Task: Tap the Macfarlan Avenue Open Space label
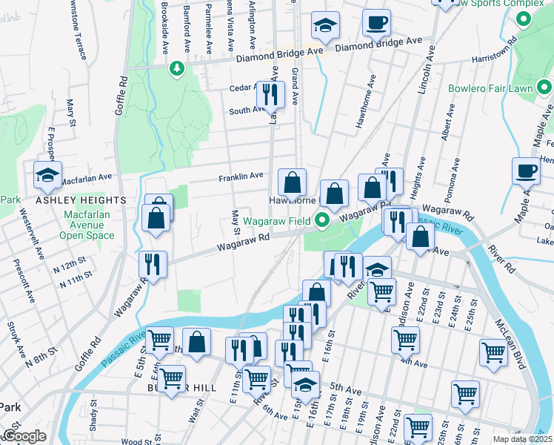point(87,225)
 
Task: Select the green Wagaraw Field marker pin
point(322,220)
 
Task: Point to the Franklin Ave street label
point(241,177)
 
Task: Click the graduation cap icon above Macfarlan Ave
point(48,176)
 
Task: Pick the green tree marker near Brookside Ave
point(176,70)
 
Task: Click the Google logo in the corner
point(24,436)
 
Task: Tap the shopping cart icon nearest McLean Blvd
point(493,353)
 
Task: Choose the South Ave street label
point(247,110)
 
